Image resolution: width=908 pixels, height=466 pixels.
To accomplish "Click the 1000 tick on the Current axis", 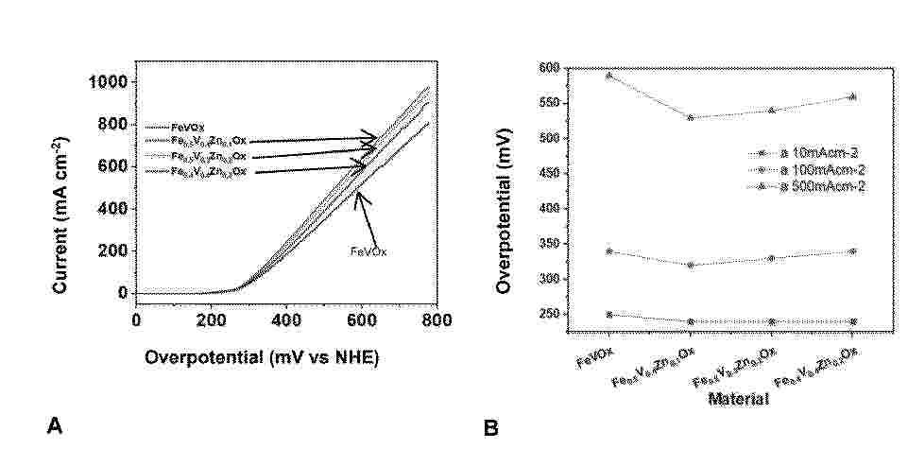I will point(109,82).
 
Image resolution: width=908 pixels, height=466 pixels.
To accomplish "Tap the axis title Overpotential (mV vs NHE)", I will point(262,358).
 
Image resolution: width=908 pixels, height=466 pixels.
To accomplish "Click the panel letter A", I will point(55,428).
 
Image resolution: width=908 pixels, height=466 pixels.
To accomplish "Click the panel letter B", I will point(491,428).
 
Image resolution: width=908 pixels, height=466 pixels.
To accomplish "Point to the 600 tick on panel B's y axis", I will point(549,68).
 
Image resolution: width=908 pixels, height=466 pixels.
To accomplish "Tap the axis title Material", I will point(737,400).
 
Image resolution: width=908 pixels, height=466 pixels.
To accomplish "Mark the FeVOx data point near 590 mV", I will point(609,75).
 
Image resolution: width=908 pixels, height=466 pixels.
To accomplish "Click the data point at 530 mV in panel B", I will point(691,117).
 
